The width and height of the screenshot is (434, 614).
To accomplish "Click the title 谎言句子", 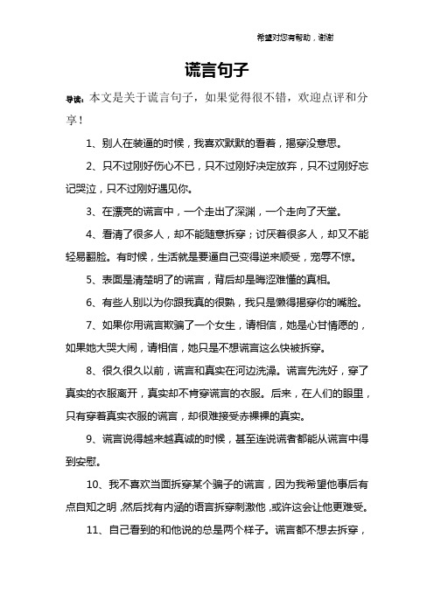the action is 218,69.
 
